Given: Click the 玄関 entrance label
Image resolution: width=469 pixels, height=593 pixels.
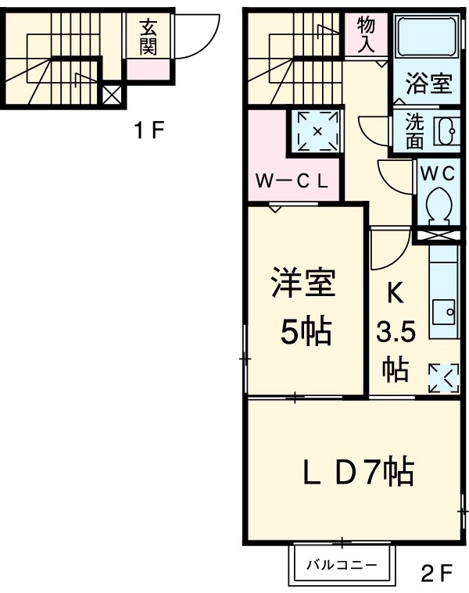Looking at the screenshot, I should [147, 36].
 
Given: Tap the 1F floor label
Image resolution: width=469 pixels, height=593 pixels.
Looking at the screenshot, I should [148, 130].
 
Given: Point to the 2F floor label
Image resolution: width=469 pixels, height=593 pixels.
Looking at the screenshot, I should [436, 574].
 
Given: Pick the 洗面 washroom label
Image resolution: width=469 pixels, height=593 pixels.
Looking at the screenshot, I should [414, 132].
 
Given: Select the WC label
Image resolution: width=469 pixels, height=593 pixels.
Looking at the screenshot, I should [437, 174].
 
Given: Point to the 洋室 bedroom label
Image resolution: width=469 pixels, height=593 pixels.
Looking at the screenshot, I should [304, 284].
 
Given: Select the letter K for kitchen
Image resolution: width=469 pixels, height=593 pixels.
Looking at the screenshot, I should [396, 295].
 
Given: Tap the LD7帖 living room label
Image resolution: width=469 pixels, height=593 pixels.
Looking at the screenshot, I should [359, 472].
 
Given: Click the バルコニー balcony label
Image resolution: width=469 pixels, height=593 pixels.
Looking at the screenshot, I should [342, 563].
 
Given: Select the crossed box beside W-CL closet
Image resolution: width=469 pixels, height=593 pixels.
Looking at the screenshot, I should [317, 130].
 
